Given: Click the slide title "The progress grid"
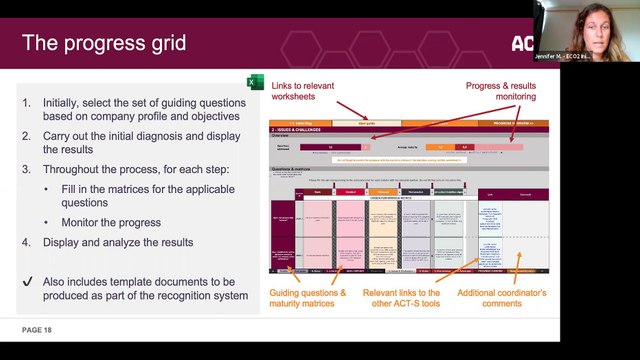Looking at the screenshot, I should point(104,43).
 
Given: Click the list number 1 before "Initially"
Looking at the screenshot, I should point(27,103).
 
